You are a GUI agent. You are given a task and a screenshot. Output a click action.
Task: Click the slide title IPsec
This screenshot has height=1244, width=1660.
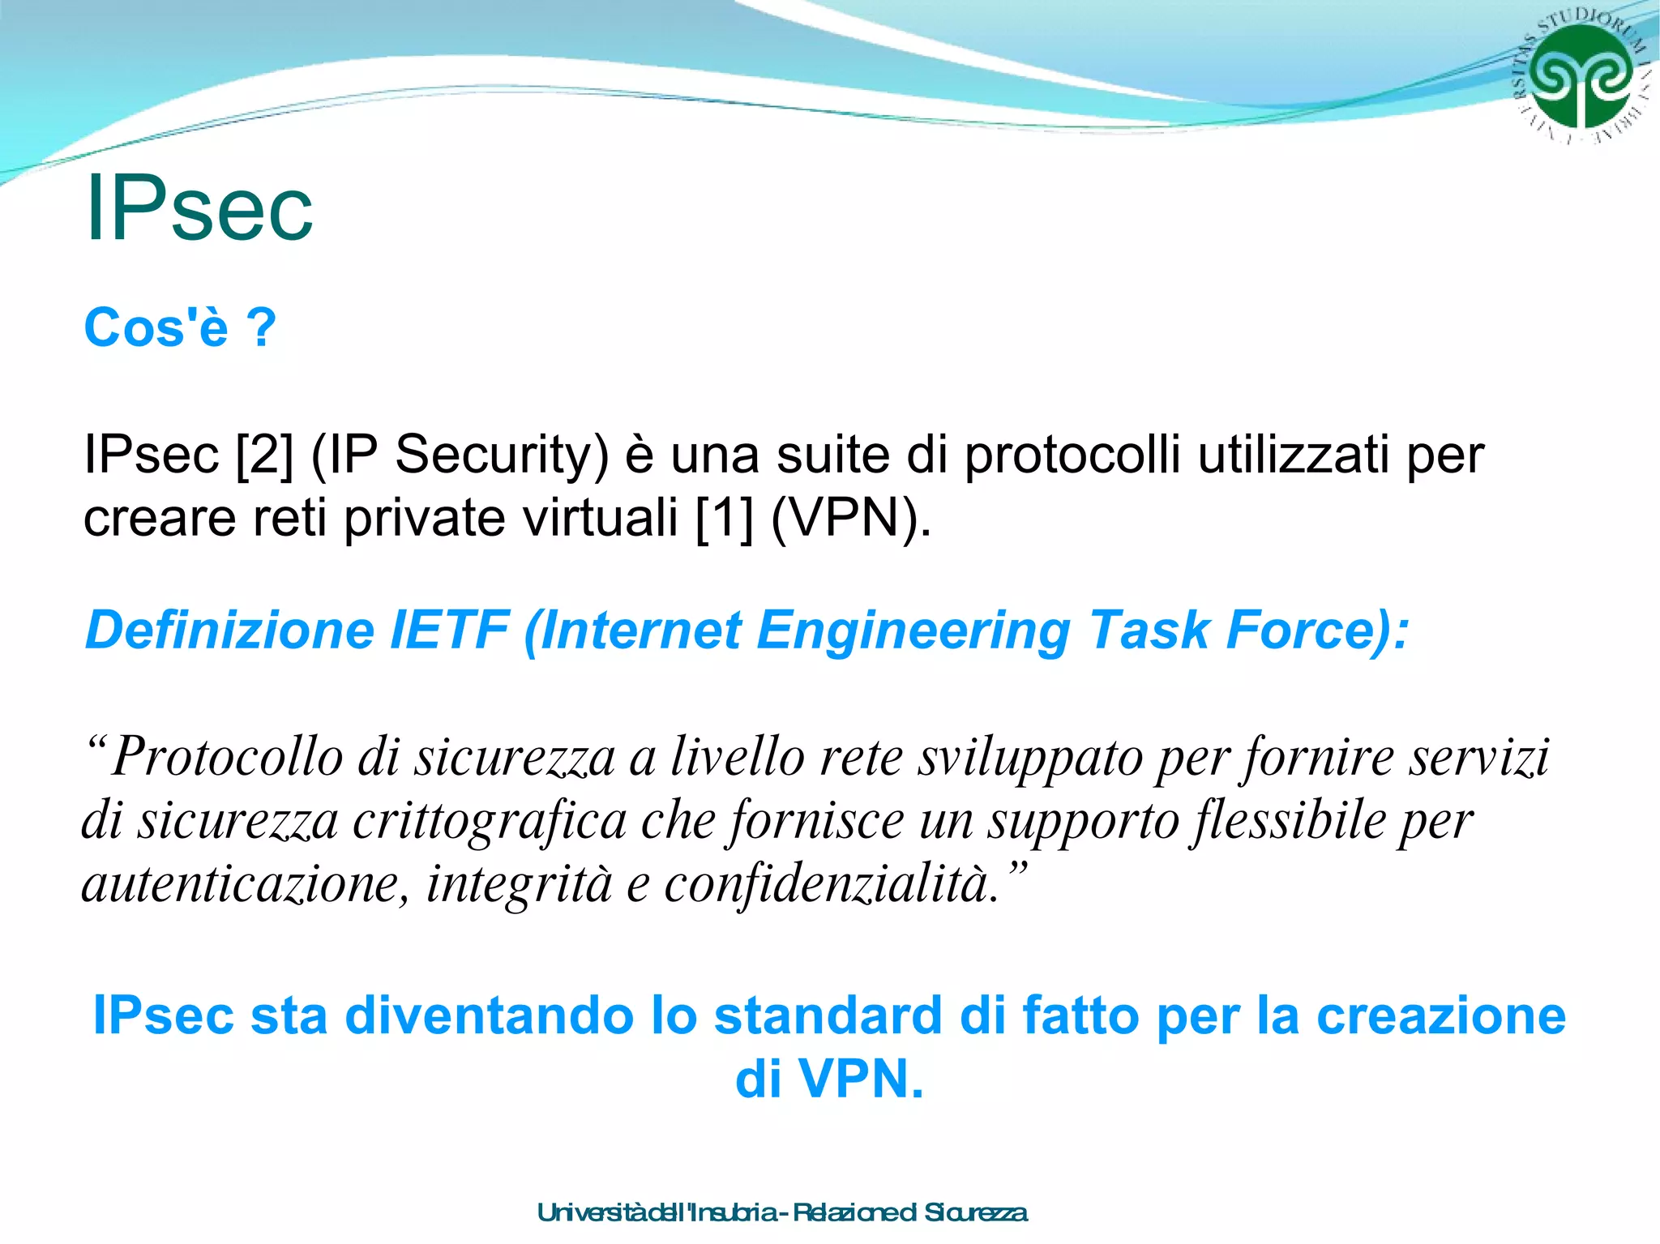click(x=199, y=208)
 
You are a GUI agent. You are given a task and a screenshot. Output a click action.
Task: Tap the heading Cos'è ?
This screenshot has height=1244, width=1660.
click(x=180, y=327)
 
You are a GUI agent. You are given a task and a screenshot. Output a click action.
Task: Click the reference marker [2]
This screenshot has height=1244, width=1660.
click(x=264, y=455)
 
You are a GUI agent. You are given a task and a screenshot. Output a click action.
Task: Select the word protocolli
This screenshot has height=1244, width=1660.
click(x=1072, y=455)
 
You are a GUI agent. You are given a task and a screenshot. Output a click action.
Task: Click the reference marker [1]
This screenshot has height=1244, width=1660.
click(x=725, y=518)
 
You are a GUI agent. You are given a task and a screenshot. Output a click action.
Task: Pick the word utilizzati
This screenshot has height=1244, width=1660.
click(x=1294, y=455)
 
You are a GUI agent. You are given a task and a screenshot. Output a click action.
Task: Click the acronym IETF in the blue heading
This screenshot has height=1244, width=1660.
click(x=449, y=631)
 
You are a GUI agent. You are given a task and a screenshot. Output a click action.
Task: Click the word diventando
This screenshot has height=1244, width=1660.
click(x=489, y=1015)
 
